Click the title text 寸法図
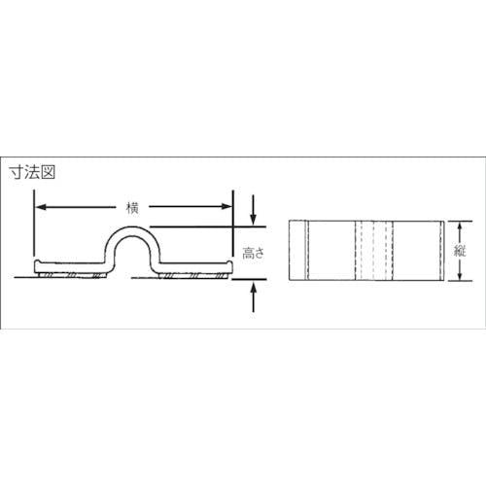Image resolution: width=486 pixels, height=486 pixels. (x=32, y=172)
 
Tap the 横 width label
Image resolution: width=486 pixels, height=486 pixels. (x=132, y=207)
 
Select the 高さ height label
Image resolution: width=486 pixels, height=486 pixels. (x=254, y=253)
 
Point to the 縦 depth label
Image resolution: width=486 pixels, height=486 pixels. (x=460, y=251)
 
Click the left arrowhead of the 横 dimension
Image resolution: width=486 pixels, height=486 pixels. (x=41, y=207)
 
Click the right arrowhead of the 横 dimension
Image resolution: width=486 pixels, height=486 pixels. (x=226, y=207)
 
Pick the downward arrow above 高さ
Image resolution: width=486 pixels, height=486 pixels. (x=254, y=210)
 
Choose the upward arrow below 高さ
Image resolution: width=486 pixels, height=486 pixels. (x=254, y=296)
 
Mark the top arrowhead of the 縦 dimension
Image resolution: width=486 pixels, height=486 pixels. (x=459, y=226)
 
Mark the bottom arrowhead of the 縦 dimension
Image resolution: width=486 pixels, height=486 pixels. (x=459, y=275)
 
